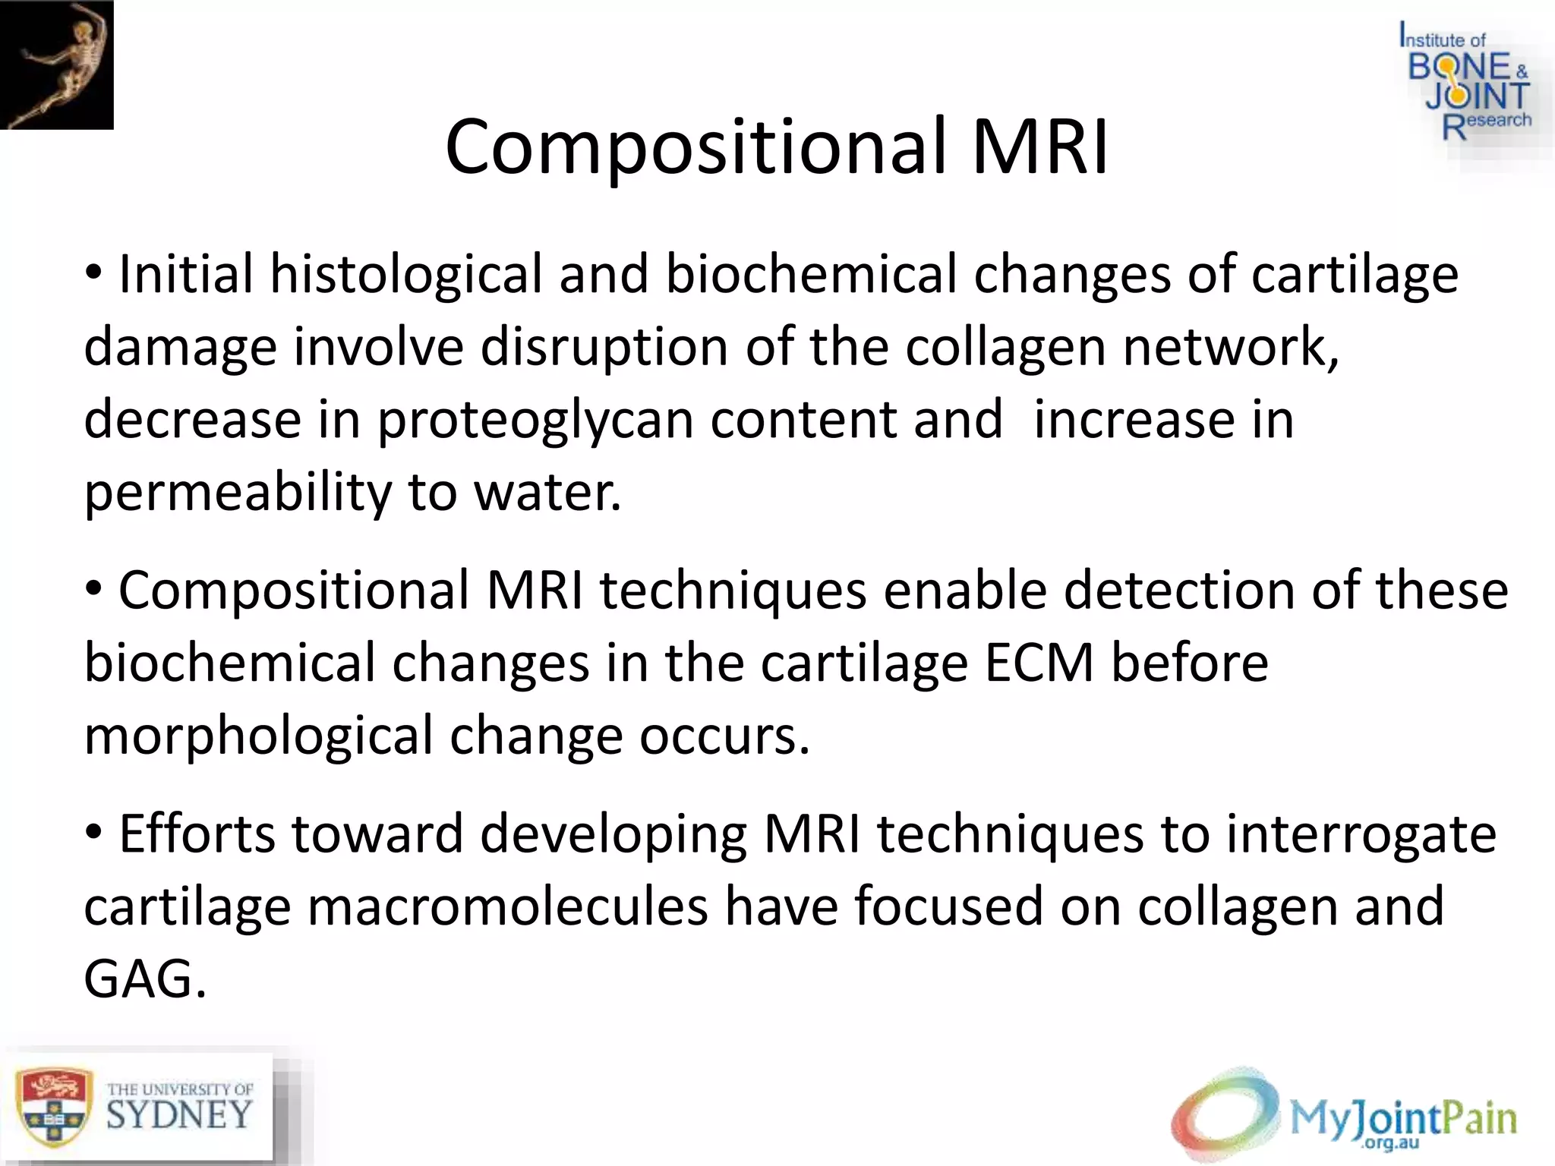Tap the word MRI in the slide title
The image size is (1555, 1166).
pos(1040,146)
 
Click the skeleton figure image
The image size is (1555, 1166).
pos(56,65)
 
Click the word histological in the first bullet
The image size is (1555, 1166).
pos(406,274)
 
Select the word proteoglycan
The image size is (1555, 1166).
pos(535,420)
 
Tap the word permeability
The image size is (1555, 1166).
pos(237,493)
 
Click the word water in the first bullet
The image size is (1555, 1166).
pos(547,493)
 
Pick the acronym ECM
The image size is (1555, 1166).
pos(1039,663)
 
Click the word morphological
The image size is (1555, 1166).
pos(258,736)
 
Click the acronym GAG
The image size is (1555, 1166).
pos(144,979)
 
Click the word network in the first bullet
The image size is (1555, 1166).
pos(1230,347)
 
